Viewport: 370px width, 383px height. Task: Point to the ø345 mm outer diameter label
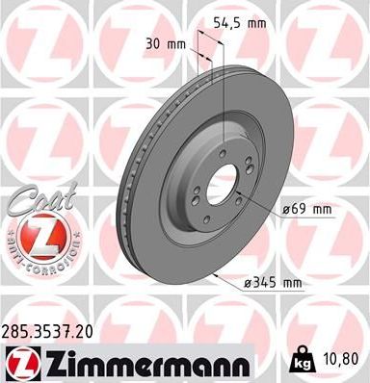275,283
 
